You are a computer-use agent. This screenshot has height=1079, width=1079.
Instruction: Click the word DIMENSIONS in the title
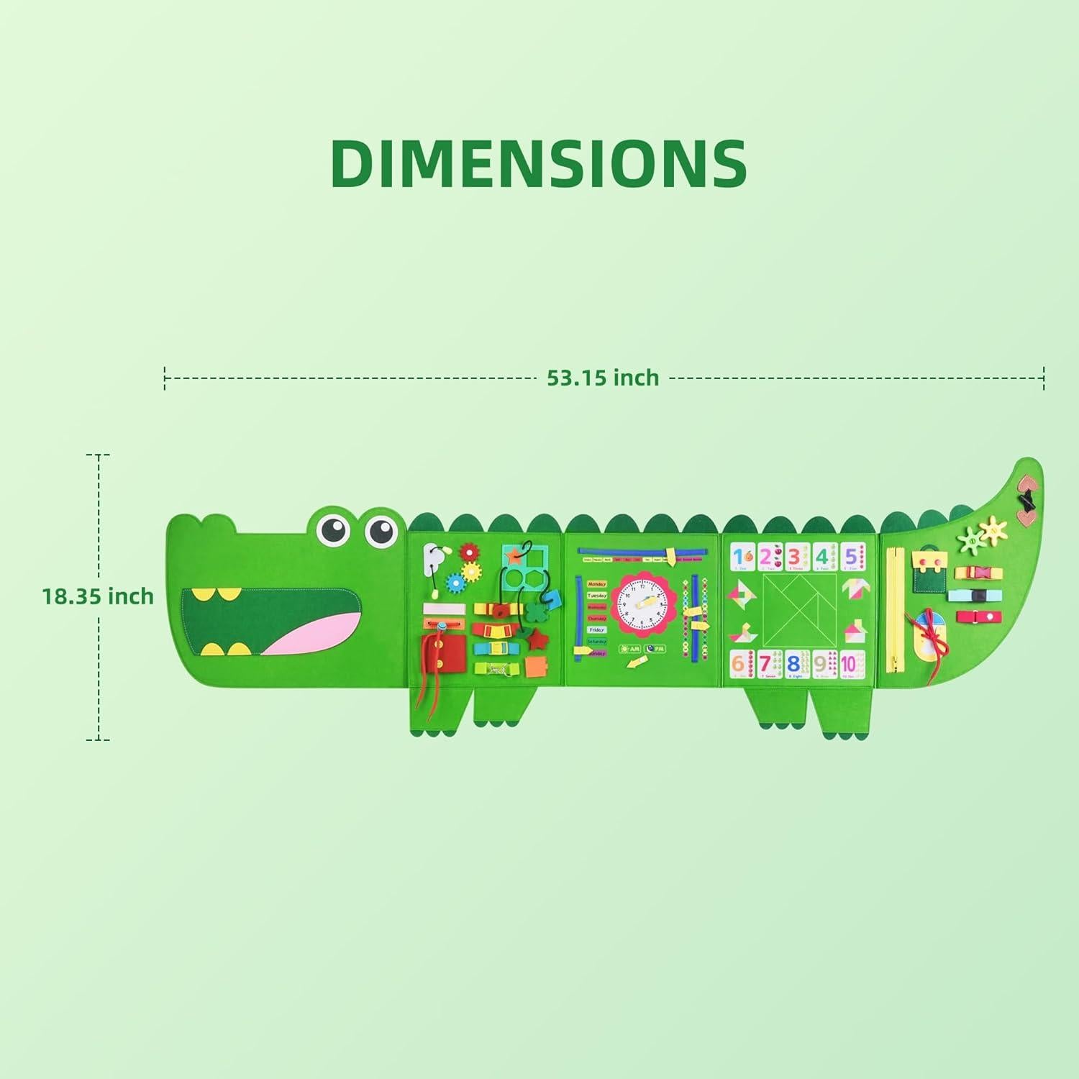coord(539,164)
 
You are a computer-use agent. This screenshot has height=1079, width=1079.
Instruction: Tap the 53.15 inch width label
coord(603,378)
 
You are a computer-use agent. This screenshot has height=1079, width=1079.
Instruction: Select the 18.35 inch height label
coord(98,596)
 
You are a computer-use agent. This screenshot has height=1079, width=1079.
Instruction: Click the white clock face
coord(644,605)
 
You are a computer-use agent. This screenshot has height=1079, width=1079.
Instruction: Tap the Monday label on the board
coord(596,584)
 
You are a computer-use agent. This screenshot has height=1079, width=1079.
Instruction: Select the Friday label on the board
coord(596,629)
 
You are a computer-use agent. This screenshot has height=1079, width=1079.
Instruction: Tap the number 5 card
coord(851,557)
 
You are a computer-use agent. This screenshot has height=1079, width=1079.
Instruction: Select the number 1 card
coord(740,557)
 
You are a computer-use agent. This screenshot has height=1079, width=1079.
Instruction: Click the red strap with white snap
coord(975,616)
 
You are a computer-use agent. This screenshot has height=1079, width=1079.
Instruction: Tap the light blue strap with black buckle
coord(971,596)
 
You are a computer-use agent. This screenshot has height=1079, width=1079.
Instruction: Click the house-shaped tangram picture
coord(855,632)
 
